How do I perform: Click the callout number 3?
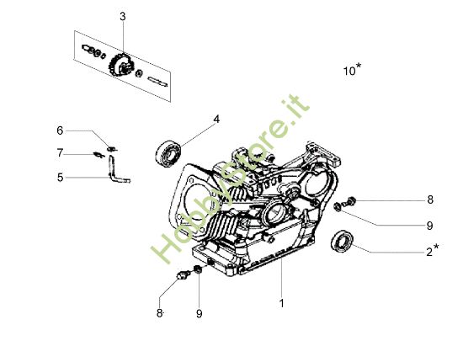click(x=123, y=17)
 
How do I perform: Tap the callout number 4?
click(x=216, y=120)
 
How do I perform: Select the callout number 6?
click(x=60, y=130)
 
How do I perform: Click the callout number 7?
click(x=60, y=152)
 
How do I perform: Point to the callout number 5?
click(x=60, y=178)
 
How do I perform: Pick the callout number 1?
click(x=281, y=301)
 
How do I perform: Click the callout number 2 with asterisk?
click(x=431, y=251)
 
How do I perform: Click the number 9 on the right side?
click(x=428, y=225)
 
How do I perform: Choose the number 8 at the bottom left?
click(x=159, y=313)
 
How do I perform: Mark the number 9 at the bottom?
click(x=199, y=313)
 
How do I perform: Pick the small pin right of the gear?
click(x=157, y=79)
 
